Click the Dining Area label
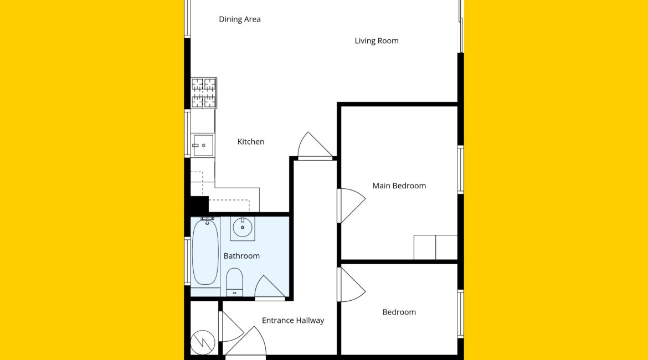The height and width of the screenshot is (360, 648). tap(240, 19)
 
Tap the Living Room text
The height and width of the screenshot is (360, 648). tap(377, 40)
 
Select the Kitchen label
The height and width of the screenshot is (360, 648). tap(251, 141)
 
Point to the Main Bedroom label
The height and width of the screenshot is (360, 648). tap(399, 186)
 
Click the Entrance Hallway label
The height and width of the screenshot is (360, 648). tap(293, 320)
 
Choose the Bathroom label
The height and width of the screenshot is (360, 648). tap(242, 256)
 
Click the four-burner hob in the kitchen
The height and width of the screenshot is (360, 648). tap(204, 93)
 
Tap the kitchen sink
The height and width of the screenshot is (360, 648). tap(203, 145)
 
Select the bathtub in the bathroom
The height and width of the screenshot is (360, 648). tap(205, 252)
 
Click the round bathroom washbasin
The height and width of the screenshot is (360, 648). tap(243, 227)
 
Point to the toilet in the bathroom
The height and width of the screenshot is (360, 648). tap(234, 282)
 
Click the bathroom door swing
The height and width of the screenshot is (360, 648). tap(270, 286)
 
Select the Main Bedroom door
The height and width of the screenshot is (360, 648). tap(351, 205)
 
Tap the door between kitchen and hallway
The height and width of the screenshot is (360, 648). tap(315, 146)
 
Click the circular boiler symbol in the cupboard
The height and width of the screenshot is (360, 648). tap(203, 342)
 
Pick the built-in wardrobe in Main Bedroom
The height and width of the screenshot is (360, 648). tap(435, 247)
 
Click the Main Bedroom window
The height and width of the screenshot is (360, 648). tap(460, 169)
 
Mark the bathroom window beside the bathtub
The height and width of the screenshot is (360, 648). tap(187, 261)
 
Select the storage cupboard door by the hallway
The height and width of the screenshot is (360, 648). tap(232, 327)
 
